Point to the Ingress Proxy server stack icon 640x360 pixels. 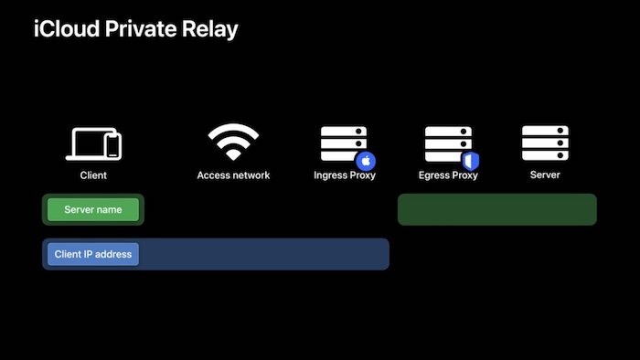[x=343, y=143]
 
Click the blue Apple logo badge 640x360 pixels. [x=365, y=159]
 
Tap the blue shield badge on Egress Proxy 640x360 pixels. [x=470, y=161]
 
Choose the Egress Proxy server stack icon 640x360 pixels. [x=447, y=143]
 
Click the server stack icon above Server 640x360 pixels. [x=545, y=143]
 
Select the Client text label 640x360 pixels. [x=93, y=175]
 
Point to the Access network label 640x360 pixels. [x=233, y=175]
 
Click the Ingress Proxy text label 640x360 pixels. [x=345, y=175]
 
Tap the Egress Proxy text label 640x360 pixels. [x=448, y=175]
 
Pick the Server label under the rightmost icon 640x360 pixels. [x=545, y=174]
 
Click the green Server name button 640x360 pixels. [x=92, y=210]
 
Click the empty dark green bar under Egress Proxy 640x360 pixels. [x=496, y=209]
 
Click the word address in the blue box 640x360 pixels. [x=113, y=254]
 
